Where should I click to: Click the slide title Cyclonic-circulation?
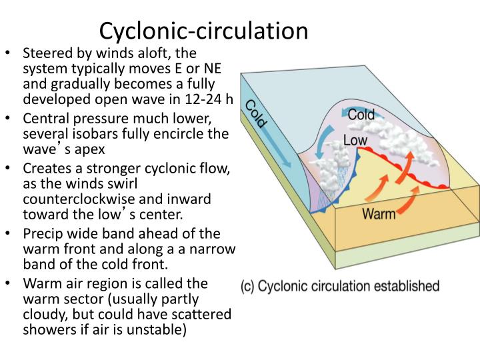click(203, 30)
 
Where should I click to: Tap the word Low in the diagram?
click(356, 141)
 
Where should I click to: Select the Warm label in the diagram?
click(378, 214)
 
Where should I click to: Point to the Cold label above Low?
click(361, 115)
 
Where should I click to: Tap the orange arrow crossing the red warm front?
click(409, 160)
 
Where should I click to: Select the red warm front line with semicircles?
click(400, 170)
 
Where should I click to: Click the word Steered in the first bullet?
click(45, 53)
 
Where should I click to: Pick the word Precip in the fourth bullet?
click(41, 233)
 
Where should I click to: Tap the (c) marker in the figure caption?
click(247, 287)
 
